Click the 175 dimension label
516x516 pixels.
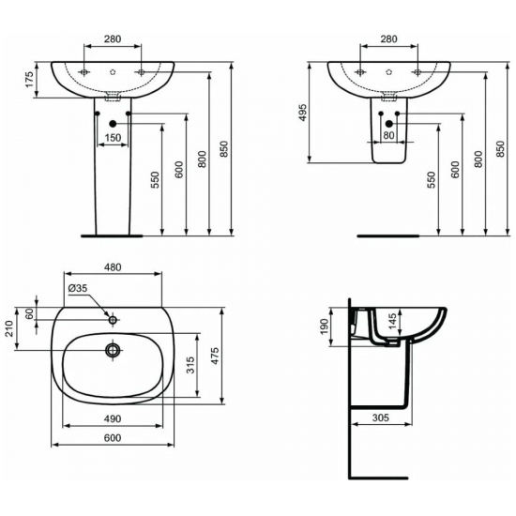point(29,81)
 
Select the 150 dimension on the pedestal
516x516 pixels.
point(112,139)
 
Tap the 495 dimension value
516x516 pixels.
point(303,113)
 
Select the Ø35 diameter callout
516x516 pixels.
point(77,288)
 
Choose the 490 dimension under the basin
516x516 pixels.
point(113,417)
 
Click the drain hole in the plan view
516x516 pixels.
point(113,351)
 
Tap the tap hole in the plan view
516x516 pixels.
point(113,320)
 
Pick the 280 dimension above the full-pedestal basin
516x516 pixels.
point(113,39)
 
